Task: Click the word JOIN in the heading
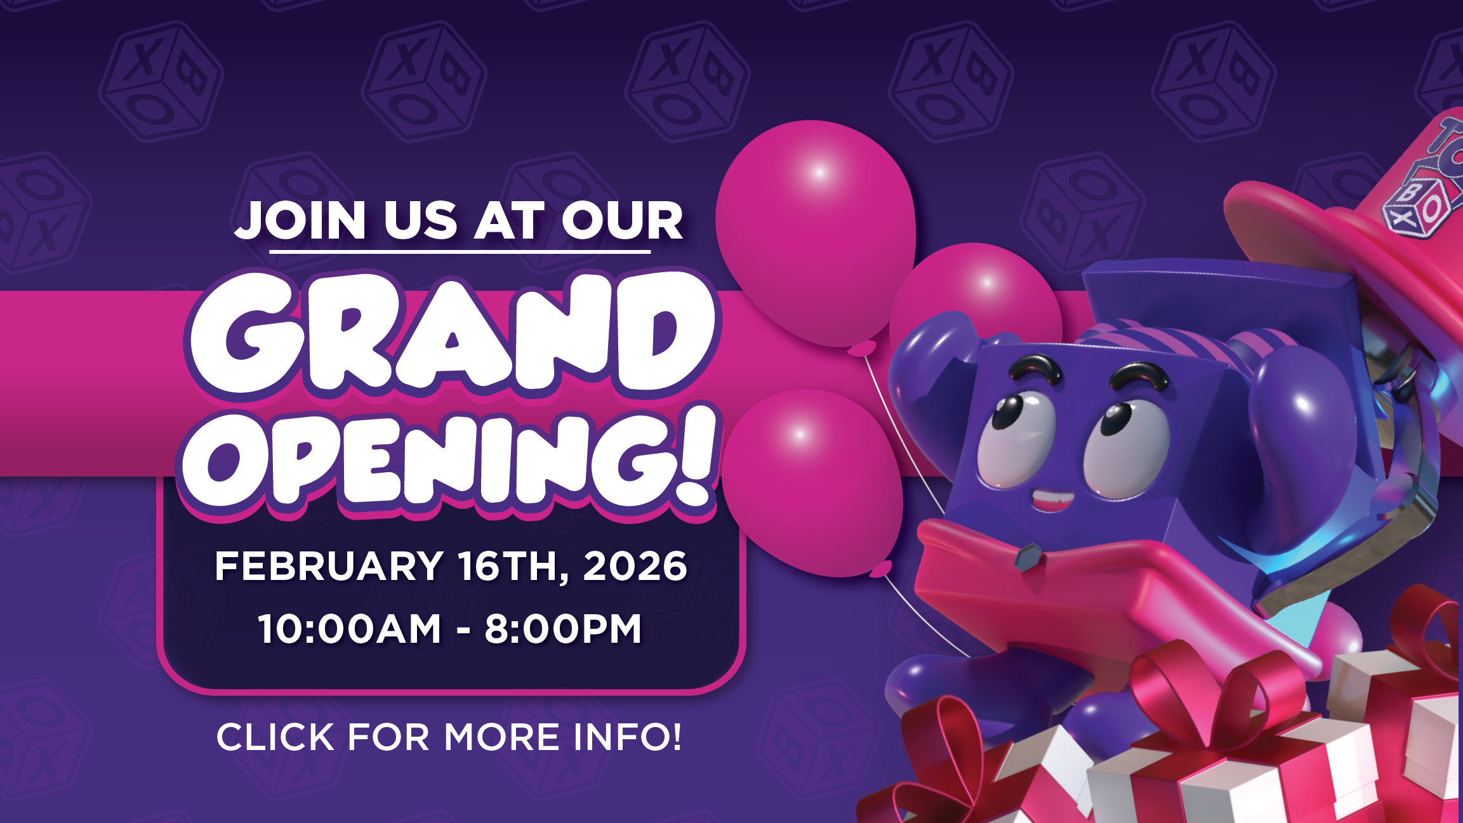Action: click(301, 220)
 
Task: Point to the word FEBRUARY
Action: click(329, 565)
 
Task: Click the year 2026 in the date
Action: click(635, 565)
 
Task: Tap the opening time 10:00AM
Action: click(349, 628)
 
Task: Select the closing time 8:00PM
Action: click(564, 628)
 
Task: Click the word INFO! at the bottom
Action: click(627, 737)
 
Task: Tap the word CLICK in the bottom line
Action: click(275, 737)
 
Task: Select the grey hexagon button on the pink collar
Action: click(1028, 556)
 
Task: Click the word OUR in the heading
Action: click(622, 220)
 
